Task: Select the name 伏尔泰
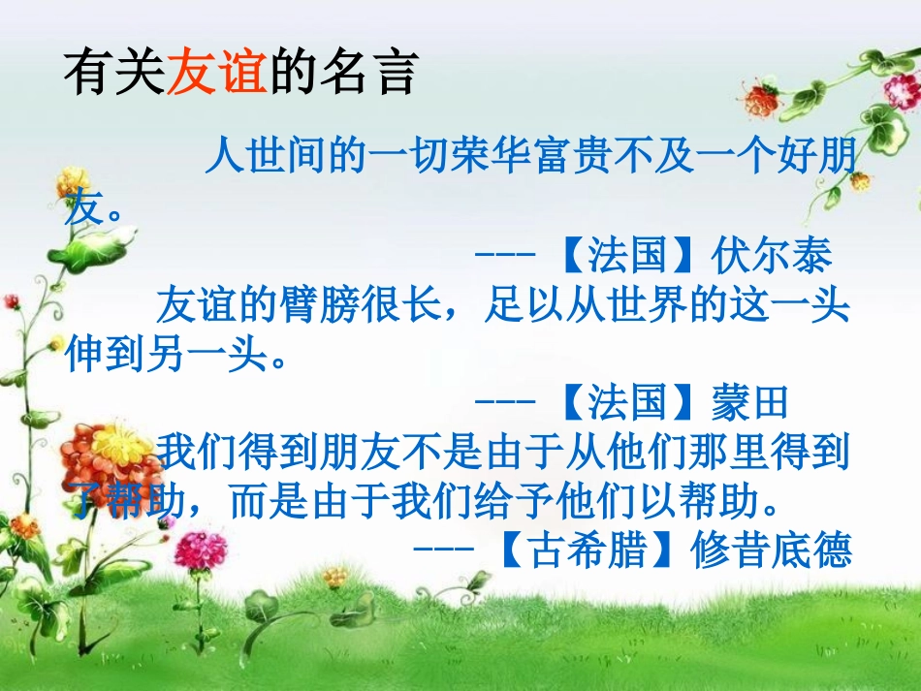771,256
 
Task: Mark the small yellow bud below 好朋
859,180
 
